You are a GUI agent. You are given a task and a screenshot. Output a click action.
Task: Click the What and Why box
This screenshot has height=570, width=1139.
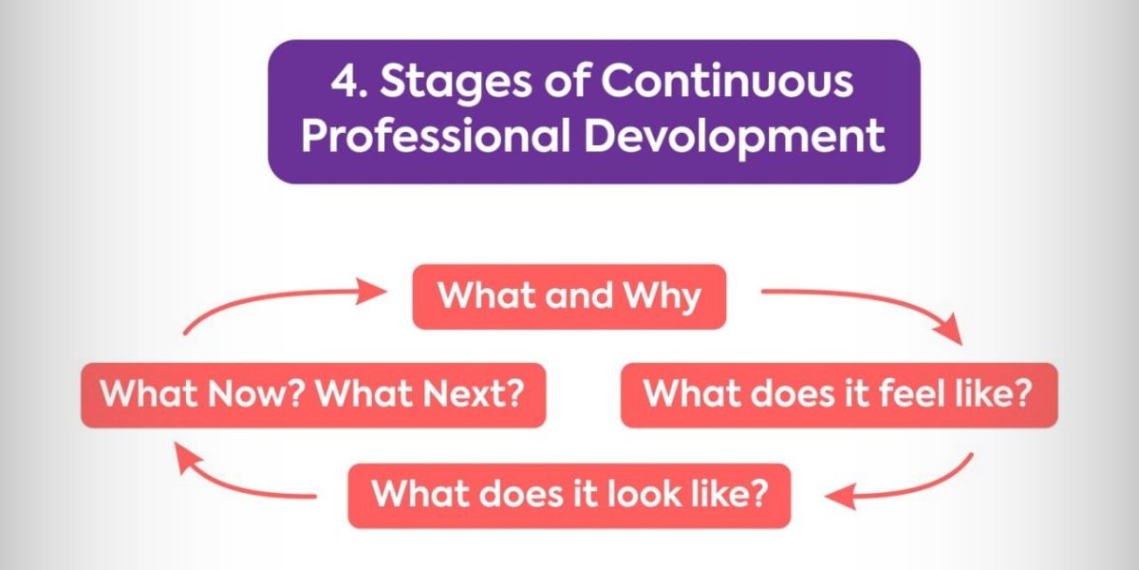tap(569, 296)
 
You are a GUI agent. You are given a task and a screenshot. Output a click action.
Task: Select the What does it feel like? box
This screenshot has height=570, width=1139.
tap(839, 395)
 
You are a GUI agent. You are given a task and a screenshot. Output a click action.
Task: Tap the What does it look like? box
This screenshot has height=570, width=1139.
tap(569, 496)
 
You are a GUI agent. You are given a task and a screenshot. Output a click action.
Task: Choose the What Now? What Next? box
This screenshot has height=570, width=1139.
tap(313, 395)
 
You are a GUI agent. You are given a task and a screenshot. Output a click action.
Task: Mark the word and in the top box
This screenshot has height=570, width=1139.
tap(579, 295)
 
